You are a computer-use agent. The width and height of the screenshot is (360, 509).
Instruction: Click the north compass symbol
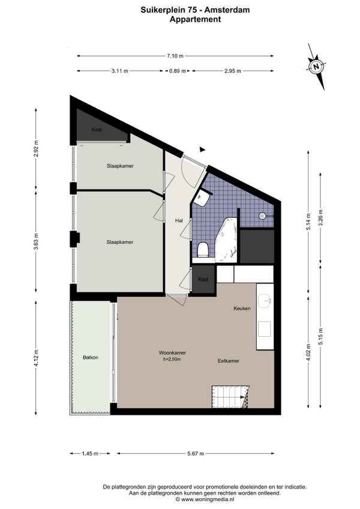pos(316,67)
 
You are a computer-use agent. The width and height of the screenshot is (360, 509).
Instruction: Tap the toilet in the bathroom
pos(203,250)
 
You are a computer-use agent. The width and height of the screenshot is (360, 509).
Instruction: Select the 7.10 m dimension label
pos(175,56)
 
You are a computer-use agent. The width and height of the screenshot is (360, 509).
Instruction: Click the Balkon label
pos(91,357)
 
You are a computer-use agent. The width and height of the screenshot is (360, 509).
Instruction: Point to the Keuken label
pos(242,309)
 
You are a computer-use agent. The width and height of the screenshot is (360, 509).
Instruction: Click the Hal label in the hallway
pos(179,220)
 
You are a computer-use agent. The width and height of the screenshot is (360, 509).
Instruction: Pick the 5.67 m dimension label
pos(196,454)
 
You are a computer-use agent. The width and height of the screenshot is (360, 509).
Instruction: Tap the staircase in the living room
pos(230,397)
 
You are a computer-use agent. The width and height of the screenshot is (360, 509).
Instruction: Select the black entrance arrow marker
pos(203,149)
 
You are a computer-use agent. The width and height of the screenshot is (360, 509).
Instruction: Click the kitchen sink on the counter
pos(265,301)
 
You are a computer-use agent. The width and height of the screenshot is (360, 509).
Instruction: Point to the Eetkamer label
pos(229,361)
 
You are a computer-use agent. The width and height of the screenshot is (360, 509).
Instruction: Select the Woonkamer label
pos(172,353)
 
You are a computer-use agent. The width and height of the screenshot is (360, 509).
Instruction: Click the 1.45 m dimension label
pos(90,454)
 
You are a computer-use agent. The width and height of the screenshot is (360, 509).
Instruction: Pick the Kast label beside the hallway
pos(203,279)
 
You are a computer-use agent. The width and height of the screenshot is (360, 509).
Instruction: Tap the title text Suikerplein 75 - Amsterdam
pos(195,10)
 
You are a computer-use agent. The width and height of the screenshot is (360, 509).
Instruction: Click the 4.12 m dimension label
pos(36,358)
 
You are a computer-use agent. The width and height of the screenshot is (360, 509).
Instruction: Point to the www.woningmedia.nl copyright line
pos(205,499)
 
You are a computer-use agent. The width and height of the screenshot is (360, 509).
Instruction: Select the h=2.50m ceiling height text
pos(172,360)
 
